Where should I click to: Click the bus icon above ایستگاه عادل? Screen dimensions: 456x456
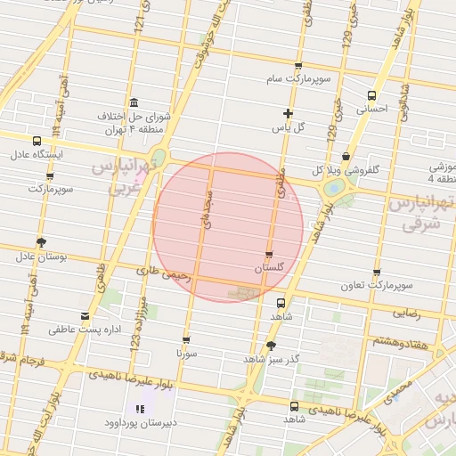click(37, 141)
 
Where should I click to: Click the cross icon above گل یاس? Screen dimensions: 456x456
click(287, 113)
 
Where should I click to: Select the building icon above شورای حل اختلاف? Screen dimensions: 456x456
click(134, 102)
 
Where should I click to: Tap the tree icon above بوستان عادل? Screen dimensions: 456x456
click(41, 242)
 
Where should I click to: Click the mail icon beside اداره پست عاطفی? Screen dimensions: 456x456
click(85, 316)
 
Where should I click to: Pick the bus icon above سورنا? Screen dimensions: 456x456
click(186, 339)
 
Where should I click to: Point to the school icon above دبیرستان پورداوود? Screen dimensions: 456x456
click(140, 409)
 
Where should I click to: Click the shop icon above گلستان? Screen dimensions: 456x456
click(269, 254)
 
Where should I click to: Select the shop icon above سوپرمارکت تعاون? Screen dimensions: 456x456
click(376, 273)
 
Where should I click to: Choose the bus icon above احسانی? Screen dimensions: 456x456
click(371, 96)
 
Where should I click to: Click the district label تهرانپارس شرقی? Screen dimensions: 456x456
click(422, 214)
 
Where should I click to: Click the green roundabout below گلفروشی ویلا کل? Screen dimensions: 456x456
click(334, 188)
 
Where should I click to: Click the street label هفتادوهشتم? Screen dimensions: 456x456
click(400, 342)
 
